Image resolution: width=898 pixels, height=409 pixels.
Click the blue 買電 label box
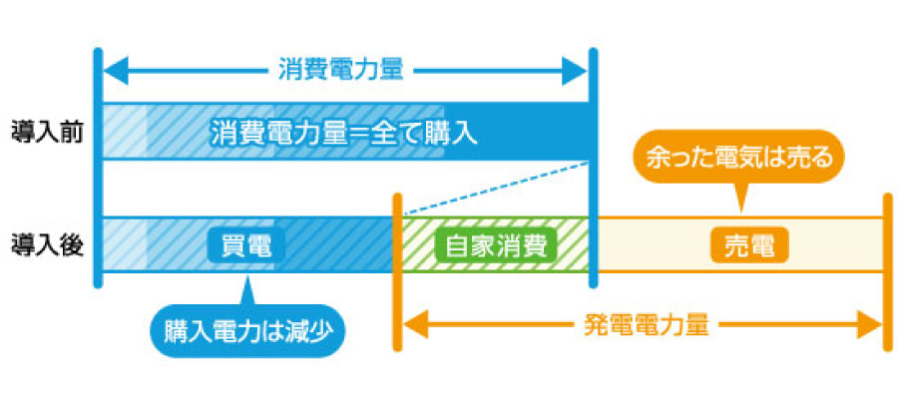pos(245,245)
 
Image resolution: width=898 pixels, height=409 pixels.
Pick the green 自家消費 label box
pos(496,245)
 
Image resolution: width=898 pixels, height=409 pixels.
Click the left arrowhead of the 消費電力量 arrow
pos(113,71)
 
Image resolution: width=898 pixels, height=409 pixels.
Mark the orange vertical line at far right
pos(885,269)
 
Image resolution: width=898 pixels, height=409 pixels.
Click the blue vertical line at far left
pos(97,170)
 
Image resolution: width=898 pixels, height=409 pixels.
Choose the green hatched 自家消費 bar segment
pos(419,245)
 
